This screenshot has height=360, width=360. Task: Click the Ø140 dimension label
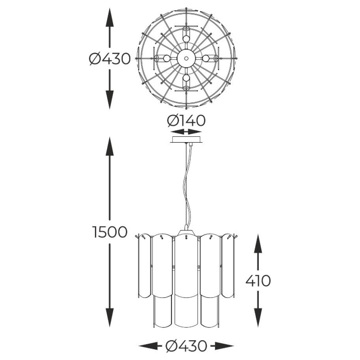(x=186, y=121)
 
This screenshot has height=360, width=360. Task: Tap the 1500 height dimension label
(x=110, y=232)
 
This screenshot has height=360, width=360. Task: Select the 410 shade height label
(x=258, y=280)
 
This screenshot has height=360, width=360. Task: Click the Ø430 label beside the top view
(x=110, y=58)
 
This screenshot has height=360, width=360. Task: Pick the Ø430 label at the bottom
(x=186, y=346)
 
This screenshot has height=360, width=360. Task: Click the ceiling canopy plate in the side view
(x=186, y=139)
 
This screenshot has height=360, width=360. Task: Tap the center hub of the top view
(x=186, y=58)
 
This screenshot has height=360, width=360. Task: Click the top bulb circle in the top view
(x=186, y=39)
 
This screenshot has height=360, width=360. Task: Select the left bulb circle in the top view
(x=166, y=58)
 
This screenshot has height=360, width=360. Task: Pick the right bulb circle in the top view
(x=206, y=58)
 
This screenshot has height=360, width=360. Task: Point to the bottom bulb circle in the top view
(x=186, y=78)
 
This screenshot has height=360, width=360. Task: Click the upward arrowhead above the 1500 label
(x=110, y=146)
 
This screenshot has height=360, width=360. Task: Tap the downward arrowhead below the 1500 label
(x=110, y=317)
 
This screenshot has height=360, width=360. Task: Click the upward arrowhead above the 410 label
(x=258, y=243)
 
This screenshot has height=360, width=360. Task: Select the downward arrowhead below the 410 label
(x=258, y=317)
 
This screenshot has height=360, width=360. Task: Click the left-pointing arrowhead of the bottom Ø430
(x=148, y=346)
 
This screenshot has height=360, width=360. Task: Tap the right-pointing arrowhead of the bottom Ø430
(x=224, y=346)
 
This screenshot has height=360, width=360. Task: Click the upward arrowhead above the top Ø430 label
(x=110, y=17)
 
